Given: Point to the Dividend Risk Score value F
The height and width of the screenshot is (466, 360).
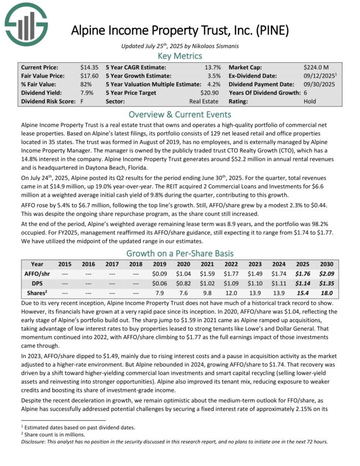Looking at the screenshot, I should pyautogui.click(x=82, y=101).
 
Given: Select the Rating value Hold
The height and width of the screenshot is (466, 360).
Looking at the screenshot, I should pyautogui.click(x=310, y=101).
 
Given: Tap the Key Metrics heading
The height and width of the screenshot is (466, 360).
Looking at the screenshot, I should pyautogui.click(x=180, y=55).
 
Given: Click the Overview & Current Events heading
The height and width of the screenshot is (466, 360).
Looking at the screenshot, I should pyautogui.click(x=180, y=114).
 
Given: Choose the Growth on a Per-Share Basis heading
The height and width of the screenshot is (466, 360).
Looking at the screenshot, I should pyautogui.click(x=180, y=253).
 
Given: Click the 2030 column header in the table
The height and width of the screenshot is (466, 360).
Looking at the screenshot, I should pyautogui.click(x=326, y=264).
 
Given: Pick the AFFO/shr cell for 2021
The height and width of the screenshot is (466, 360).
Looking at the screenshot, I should pyautogui.click(x=207, y=273).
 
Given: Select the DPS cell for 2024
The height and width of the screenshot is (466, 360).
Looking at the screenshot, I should pyautogui.click(x=279, y=283).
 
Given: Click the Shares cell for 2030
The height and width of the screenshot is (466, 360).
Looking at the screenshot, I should pyautogui.click(x=326, y=293).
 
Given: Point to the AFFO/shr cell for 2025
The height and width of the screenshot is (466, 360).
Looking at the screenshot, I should pyautogui.click(x=303, y=273).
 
